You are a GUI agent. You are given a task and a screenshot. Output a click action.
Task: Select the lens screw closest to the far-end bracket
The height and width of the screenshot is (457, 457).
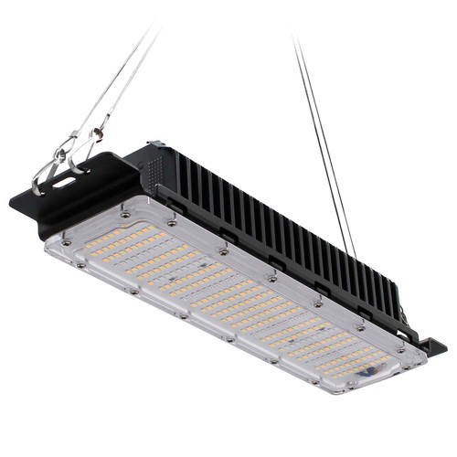(399, 348)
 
